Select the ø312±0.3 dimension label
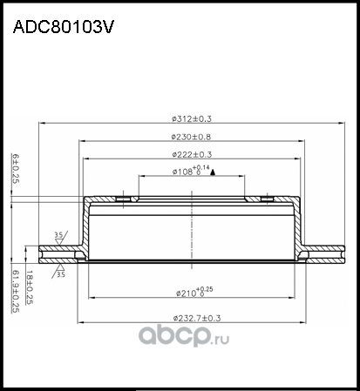click(192, 119)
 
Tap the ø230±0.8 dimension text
click(192, 137)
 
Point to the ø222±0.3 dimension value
click(192, 154)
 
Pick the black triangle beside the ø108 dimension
click(213, 173)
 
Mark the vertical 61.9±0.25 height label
click(14, 288)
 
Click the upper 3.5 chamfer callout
click(58, 235)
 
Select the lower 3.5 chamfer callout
click(60, 275)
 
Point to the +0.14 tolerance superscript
click(203, 166)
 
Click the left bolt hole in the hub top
click(124, 200)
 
